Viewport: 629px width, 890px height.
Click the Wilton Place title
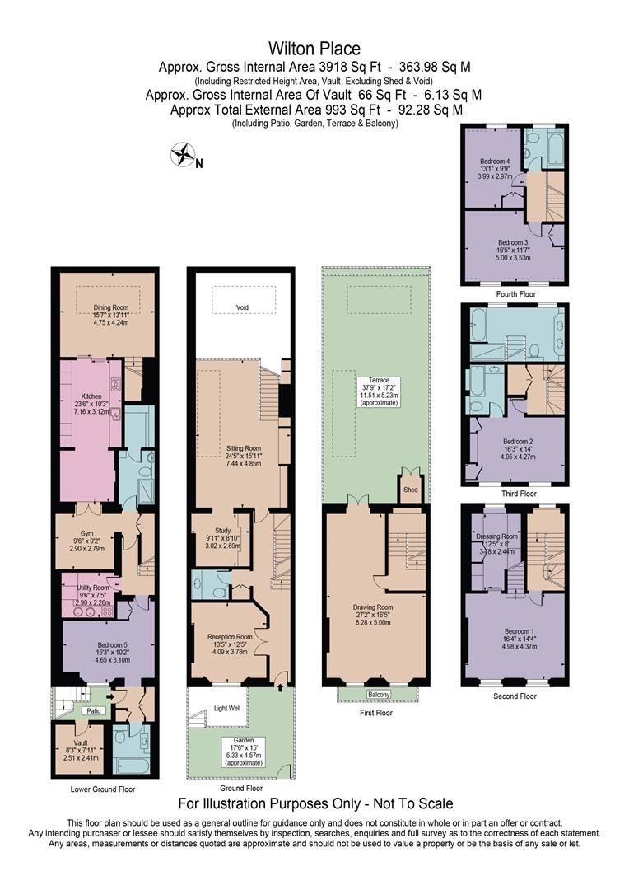314,49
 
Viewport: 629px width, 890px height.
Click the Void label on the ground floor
242,307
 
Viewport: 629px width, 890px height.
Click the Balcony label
379,694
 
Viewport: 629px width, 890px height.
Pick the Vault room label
80,742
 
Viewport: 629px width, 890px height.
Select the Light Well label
227,708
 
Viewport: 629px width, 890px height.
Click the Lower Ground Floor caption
104,789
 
